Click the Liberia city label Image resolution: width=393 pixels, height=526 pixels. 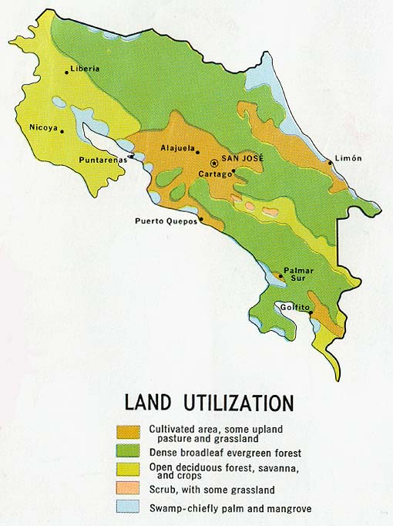[x=85, y=69]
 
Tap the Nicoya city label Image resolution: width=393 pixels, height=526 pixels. [x=44, y=127]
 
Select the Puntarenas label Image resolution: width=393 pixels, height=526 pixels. [x=102, y=160]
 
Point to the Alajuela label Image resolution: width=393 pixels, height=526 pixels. [x=178, y=147]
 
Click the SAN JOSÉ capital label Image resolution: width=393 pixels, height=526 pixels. [x=243, y=158]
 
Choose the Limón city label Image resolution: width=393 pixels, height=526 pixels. [x=348, y=158]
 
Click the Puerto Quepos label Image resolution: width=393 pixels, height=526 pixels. [x=166, y=221]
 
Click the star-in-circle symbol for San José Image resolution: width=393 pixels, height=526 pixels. [x=214, y=163]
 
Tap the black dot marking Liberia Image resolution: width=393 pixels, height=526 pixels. [x=66, y=72]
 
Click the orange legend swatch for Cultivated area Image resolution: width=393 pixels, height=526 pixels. [x=129, y=432]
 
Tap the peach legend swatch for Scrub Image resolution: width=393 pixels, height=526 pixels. [x=129, y=490]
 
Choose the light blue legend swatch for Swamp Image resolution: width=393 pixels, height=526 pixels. [x=129, y=507]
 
